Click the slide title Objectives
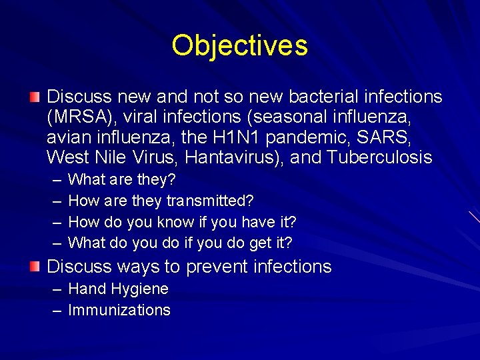tap(239, 45)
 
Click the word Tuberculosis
tap(379, 158)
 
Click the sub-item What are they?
tap(122, 180)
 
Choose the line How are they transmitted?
tap(161, 201)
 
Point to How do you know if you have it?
tap(182, 221)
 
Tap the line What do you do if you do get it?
tap(180, 242)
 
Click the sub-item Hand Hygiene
tap(118, 289)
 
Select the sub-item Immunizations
tap(119, 310)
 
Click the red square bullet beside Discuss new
tap(35, 98)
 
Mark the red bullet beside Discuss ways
tap(35, 267)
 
